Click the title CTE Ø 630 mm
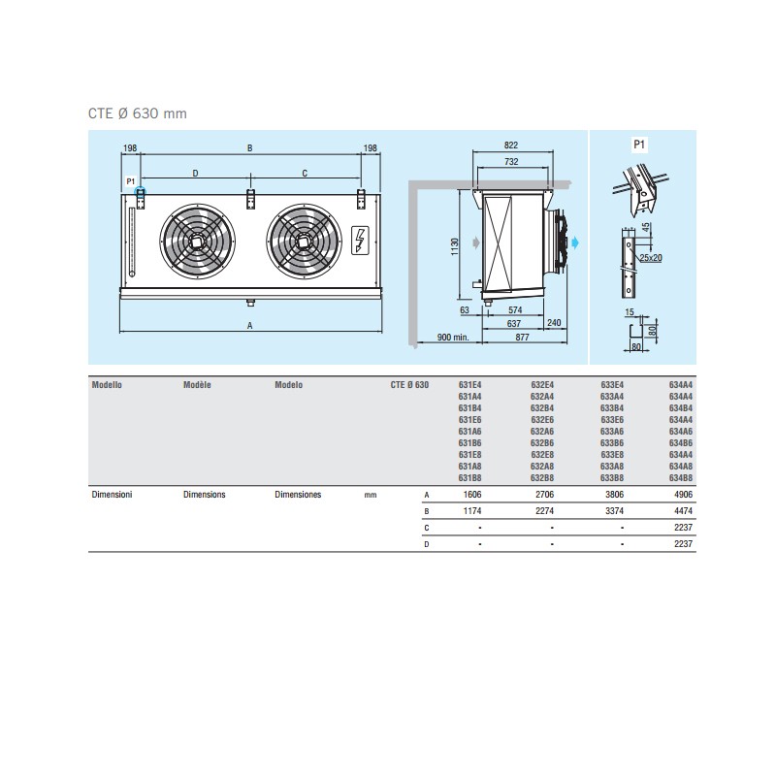point(138,113)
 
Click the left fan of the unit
point(198,242)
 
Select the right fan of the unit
point(304,242)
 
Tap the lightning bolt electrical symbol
point(360,241)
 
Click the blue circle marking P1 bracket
point(141,191)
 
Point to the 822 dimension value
point(511,145)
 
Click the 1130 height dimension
point(455,246)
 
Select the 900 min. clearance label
point(453,337)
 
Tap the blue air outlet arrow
point(574,242)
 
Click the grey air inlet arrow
point(476,242)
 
